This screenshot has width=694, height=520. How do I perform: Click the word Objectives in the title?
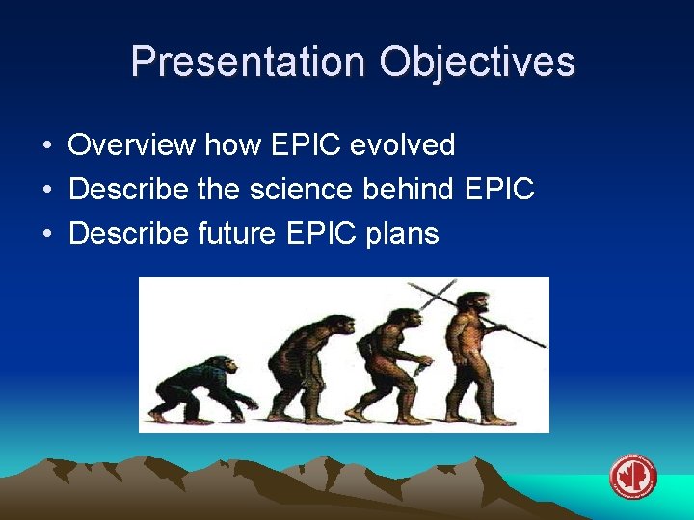point(477,62)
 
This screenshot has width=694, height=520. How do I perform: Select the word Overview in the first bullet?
point(131,145)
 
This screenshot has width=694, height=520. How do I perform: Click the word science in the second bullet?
point(294,190)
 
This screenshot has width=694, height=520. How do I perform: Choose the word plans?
point(402,234)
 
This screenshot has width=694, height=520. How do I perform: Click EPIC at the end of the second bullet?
point(498,190)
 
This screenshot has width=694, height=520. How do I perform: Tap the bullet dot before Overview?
point(46,146)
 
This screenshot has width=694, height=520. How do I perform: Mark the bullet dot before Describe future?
point(46,234)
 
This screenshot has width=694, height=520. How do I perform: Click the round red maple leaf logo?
point(632,477)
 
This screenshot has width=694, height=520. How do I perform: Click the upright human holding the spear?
point(469,356)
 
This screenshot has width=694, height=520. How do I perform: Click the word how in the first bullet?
point(227,145)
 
